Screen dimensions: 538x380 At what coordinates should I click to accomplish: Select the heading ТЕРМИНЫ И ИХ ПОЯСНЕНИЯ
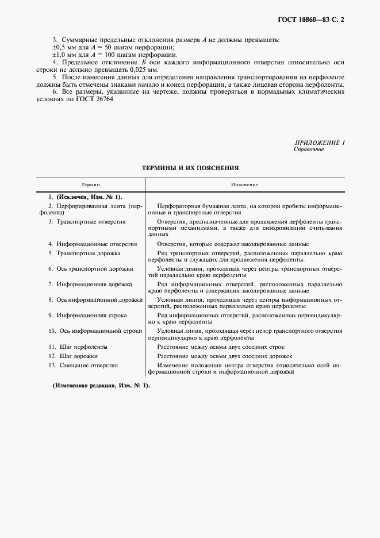pos(190,168)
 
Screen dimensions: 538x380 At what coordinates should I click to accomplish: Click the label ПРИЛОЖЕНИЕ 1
pos(320,142)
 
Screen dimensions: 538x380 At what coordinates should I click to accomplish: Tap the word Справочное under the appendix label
pos(309,149)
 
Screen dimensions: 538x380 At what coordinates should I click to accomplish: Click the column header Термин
pos(90,185)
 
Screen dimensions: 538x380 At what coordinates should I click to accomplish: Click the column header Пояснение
pos(244,185)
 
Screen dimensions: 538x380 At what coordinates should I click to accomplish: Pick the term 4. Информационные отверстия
pos(93,244)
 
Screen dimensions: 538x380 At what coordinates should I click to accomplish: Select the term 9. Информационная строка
pos(90,315)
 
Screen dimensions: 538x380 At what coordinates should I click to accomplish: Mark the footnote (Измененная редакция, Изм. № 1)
pos(101,385)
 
